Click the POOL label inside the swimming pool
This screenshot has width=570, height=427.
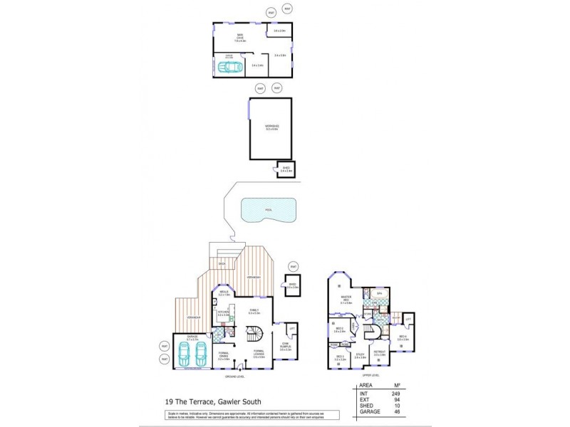268,210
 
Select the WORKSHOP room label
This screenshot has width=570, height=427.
272,127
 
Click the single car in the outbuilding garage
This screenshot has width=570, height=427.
230,67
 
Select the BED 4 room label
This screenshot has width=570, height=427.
403,337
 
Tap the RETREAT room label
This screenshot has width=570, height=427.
380,352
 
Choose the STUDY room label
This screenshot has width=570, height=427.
360,356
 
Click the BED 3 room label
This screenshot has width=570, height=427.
339,357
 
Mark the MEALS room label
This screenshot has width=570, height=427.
224,292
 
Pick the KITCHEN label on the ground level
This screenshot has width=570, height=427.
223,312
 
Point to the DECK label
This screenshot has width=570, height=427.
222,263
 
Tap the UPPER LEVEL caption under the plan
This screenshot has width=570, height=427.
370,374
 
